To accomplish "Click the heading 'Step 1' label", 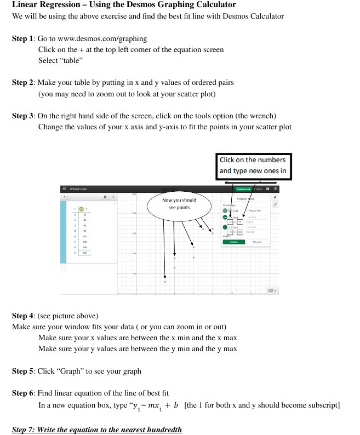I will (x=23, y=39).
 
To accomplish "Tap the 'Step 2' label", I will (x=23, y=83).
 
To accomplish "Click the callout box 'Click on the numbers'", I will (x=253, y=165).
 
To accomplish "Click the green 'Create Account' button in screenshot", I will (x=243, y=189).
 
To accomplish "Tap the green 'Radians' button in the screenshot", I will (x=233, y=242).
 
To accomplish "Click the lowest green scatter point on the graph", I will (x=165, y=282).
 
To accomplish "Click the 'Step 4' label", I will (x=23, y=316).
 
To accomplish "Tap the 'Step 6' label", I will (x=23, y=393).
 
